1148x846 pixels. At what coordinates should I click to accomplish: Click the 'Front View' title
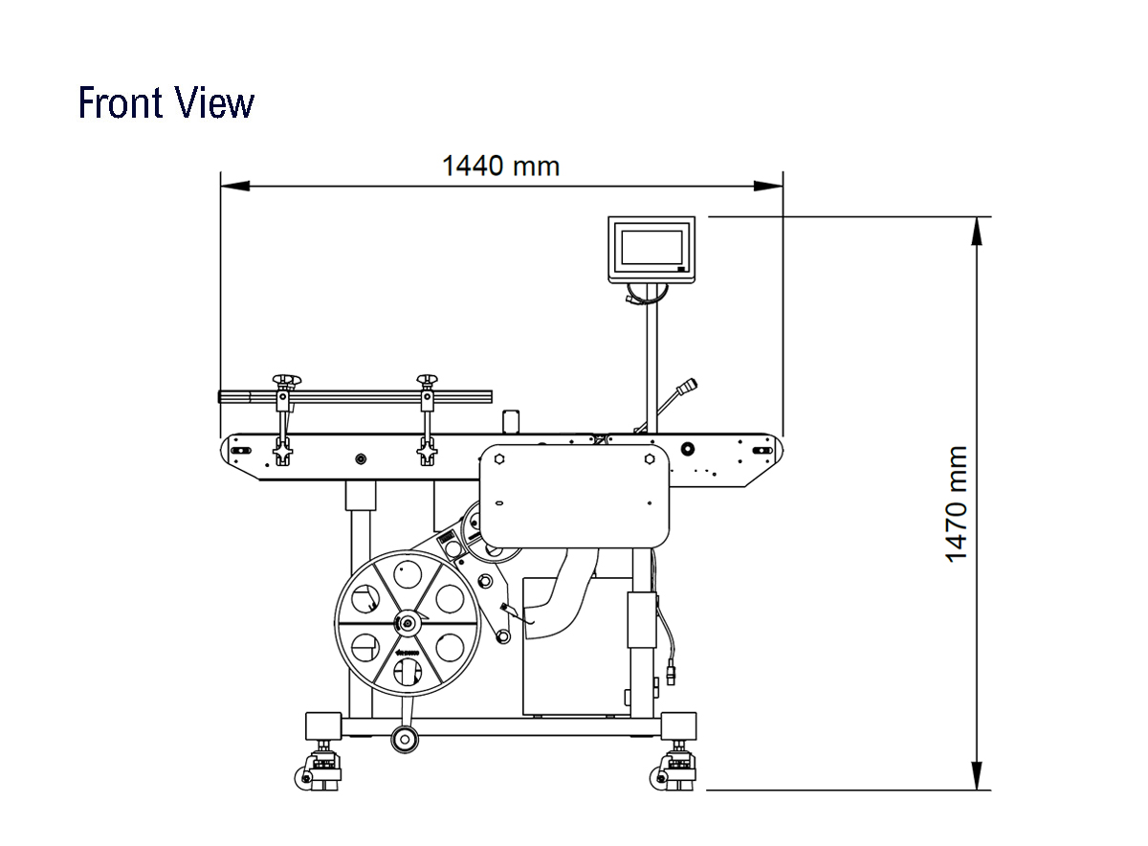click(x=166, y=102)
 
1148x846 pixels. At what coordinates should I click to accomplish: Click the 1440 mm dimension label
click(x=500, y=167)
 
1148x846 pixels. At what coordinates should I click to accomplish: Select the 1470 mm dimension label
click(x=956, y=504)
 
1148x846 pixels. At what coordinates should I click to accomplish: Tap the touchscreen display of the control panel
click(x=651, y=248)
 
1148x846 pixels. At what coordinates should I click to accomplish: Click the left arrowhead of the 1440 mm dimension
click(x=235, y=186)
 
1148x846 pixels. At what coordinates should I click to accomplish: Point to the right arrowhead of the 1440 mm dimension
click(x=768, y=186)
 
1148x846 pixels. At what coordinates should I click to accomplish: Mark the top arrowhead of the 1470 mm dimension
click(x=978, y=232)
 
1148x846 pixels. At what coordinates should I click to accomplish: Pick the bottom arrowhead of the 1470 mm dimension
click(x=978, y=775)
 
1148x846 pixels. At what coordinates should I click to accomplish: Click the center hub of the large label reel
click(x=408, y=623)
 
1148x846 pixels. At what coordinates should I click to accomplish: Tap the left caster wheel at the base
click(x=303, y=778)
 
